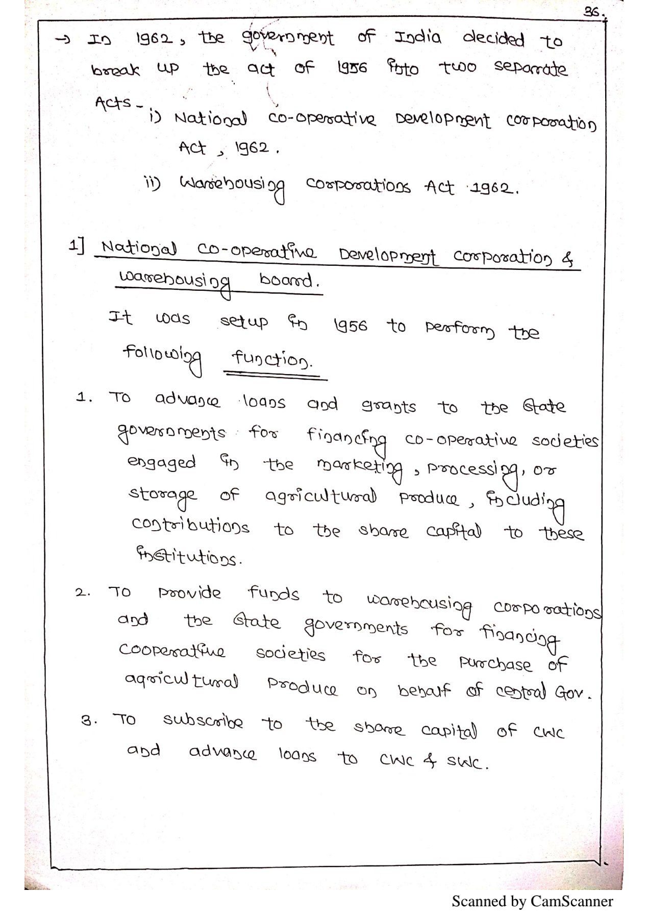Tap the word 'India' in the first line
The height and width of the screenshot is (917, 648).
(x=417, y=38)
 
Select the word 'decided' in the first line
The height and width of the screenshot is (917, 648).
(x=493, y=39)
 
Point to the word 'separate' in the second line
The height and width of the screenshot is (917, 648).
(x=530, y=69)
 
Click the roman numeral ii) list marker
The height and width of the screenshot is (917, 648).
(x=152, y=183)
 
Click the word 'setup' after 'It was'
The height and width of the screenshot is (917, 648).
(x=243, y=321)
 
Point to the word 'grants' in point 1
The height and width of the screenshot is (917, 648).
(x=388, y=407)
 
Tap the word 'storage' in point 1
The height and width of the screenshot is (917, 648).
(x=162, y=495)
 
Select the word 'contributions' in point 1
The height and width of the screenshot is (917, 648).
(x=190, y=526)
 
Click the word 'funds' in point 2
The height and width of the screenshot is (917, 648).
(x=273, y=593)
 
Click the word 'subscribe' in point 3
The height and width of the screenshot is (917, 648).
(x=203, y=721)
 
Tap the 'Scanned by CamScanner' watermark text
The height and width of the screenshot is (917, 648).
(x=532, y=901)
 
